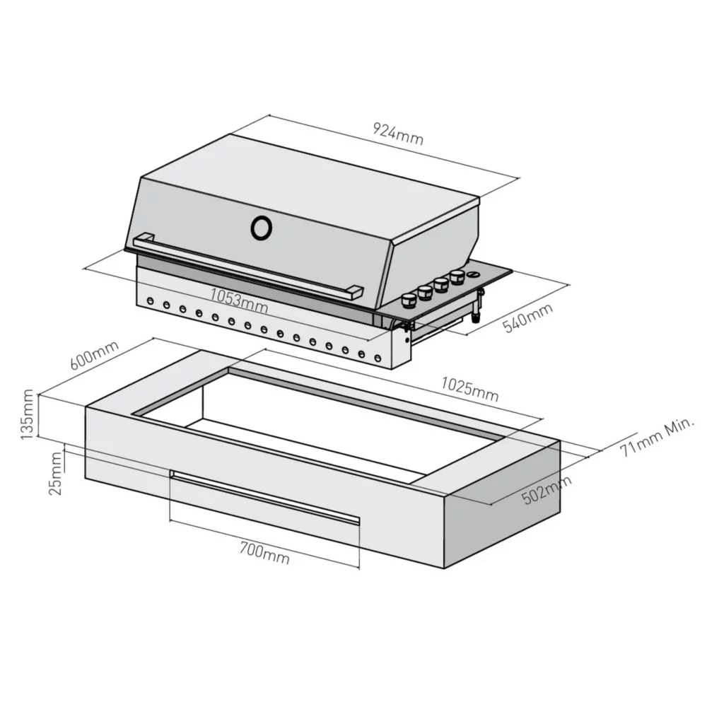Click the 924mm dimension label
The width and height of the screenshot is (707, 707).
tap(398, 134)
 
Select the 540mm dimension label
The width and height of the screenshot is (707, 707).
tap(527, 318)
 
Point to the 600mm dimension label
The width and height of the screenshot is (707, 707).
tap(94, 355)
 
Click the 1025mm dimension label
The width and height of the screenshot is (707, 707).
tap(470, 389)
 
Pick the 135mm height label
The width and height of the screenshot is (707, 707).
tap(27, 414)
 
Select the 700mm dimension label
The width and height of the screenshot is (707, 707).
tap(264, 553)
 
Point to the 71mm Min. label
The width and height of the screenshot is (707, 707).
tap(657, 436)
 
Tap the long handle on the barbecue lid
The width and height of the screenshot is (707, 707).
tap(248, 266)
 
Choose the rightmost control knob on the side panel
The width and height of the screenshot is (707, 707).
tap(457, 276)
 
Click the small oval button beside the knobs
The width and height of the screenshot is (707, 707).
tap(474, 274)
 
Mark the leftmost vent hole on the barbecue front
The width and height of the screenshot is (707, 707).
tap(151, 300)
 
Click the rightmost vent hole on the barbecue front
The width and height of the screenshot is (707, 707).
tap(378, 359)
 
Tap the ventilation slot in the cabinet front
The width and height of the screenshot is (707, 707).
tap(265, 497)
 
